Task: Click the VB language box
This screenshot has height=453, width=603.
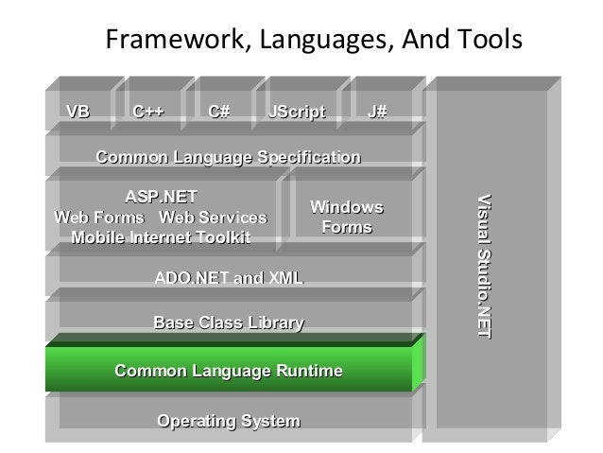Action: tap(78, 113)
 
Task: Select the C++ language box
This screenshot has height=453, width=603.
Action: tap(147, 113)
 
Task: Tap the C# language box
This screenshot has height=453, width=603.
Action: tap(219, 113)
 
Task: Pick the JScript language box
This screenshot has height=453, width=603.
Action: tap(296, 113)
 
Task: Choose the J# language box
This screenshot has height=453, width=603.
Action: tap(377, 113)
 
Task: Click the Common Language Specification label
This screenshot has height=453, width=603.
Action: tap(228, 156)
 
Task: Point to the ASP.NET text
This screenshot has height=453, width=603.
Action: tap(162, 198)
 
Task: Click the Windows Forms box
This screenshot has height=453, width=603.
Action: tap(347, 218)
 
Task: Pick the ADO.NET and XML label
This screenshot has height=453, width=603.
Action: tap(228, 278)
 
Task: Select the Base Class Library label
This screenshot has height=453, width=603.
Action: tap(228, 324)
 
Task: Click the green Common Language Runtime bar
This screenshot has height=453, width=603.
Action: tap(228, 371)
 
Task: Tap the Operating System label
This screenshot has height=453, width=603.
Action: tap(228, 420)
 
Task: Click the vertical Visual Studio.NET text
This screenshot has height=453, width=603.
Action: tap(484, 266)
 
